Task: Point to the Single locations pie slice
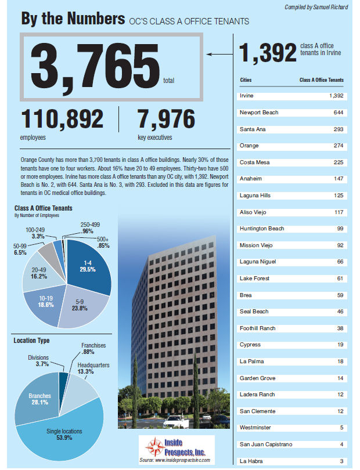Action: click(64, 435)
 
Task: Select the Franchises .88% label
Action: click(93, 349)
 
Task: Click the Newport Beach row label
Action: click(258, 112)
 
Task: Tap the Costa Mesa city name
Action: click(254, 162)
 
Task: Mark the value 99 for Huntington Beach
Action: click(340, 229)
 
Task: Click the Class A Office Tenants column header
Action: click(321, 80)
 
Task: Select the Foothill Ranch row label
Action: click(257, 328)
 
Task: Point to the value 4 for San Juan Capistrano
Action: click(341, 444)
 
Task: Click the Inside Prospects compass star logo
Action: click(156, 447)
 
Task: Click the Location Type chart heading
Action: click(31, 341)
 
